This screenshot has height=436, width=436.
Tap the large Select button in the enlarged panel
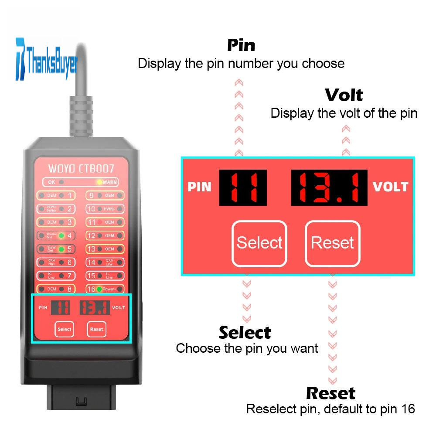pos(259,243)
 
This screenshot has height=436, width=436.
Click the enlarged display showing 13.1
pos(329,187)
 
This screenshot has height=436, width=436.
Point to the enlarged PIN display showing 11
pos(243,187)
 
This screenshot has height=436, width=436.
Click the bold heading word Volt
pos(344,95)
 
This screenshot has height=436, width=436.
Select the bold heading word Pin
pos(241,45)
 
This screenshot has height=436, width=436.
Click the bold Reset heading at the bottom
pos(330,393)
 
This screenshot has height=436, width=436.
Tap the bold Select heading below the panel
pos(245,333)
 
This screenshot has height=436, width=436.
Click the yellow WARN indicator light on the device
pos(99,182)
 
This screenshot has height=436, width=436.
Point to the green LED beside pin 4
pos(61,236)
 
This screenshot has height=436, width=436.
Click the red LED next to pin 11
pos(99,222)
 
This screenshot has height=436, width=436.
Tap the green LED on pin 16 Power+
pos(99,289)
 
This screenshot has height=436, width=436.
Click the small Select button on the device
pos(64,329)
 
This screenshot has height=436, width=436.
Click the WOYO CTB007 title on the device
pos(81,168)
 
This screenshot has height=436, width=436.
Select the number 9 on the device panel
pos(91,195)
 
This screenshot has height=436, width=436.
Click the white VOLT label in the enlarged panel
pos(390,187)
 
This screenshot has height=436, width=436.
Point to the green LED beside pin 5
pos(61,249)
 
